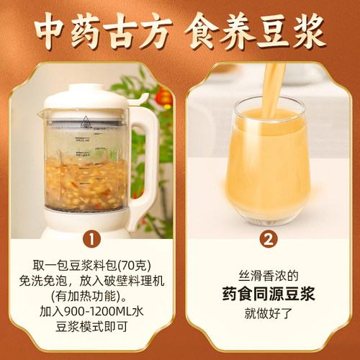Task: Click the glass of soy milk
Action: [x=268, y=155]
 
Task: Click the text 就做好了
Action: [x=268, y=314]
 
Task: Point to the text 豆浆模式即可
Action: [x=91, y=333]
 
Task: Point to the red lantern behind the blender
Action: [x=165, y=96]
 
